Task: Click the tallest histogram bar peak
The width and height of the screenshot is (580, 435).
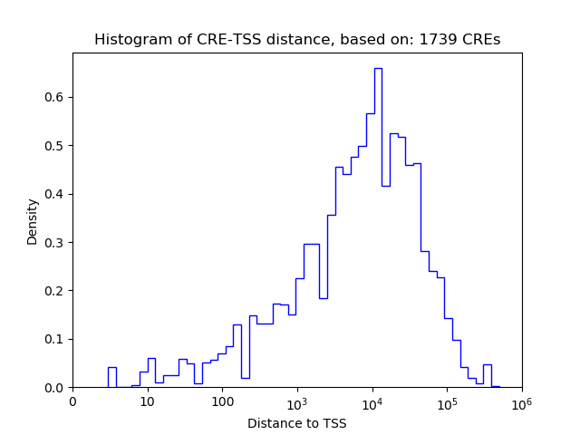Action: coord(378,69)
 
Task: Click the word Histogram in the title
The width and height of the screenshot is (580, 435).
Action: coord(129,40)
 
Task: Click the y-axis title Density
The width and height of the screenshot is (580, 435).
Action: coord(33,221)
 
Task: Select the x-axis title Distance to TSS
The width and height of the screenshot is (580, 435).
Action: coord(297,422)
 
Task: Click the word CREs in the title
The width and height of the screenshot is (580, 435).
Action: coord(482,40)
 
